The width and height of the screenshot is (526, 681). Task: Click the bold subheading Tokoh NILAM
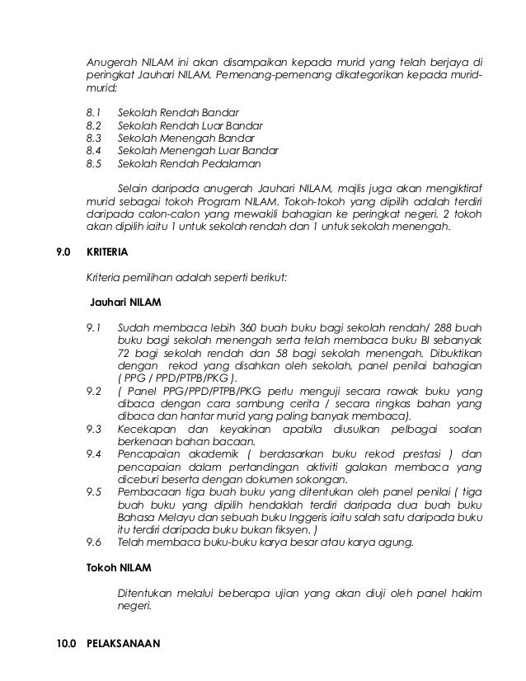tap(118, 568)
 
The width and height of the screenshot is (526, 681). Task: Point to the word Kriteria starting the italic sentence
tap(106, 277)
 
